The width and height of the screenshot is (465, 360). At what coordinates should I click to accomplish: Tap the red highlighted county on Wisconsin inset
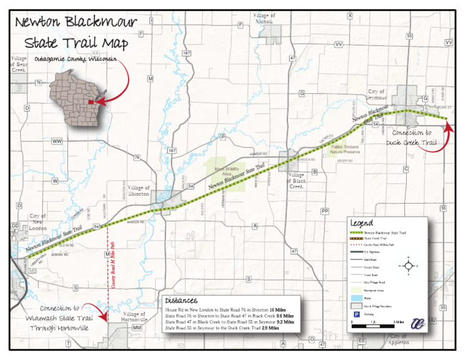tap(90, 102)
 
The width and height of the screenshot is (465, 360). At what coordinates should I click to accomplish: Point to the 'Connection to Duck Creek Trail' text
tap(412, 138)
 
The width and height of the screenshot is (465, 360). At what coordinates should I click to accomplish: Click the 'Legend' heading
tap(361, 224)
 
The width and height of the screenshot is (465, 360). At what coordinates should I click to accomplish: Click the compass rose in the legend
tap(409, 265)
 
